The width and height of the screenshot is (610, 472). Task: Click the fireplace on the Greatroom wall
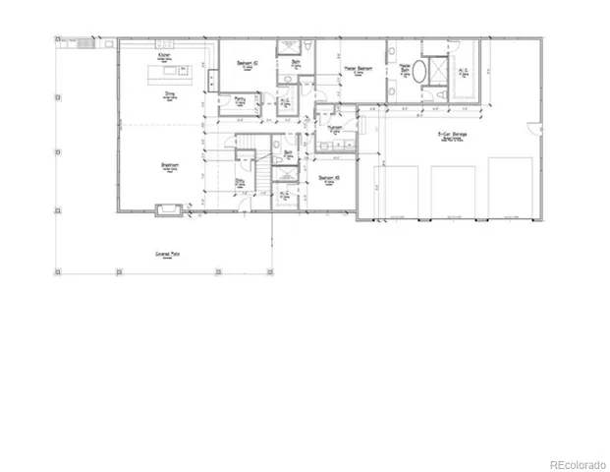click(x=165, y=208)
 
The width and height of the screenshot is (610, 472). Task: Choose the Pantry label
click(x=240, y=99)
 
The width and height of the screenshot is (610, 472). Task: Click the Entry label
click(x=240, y=181)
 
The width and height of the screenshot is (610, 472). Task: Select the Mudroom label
click(x=334, y=128)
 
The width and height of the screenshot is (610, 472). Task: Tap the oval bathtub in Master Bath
click(x=420, y=73)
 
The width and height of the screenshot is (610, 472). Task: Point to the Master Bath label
click(x=403, y=70)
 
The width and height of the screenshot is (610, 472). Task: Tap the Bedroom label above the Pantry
click(x=248, y=63)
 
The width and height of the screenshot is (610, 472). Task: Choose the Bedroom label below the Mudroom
click(x=330, y=178)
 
